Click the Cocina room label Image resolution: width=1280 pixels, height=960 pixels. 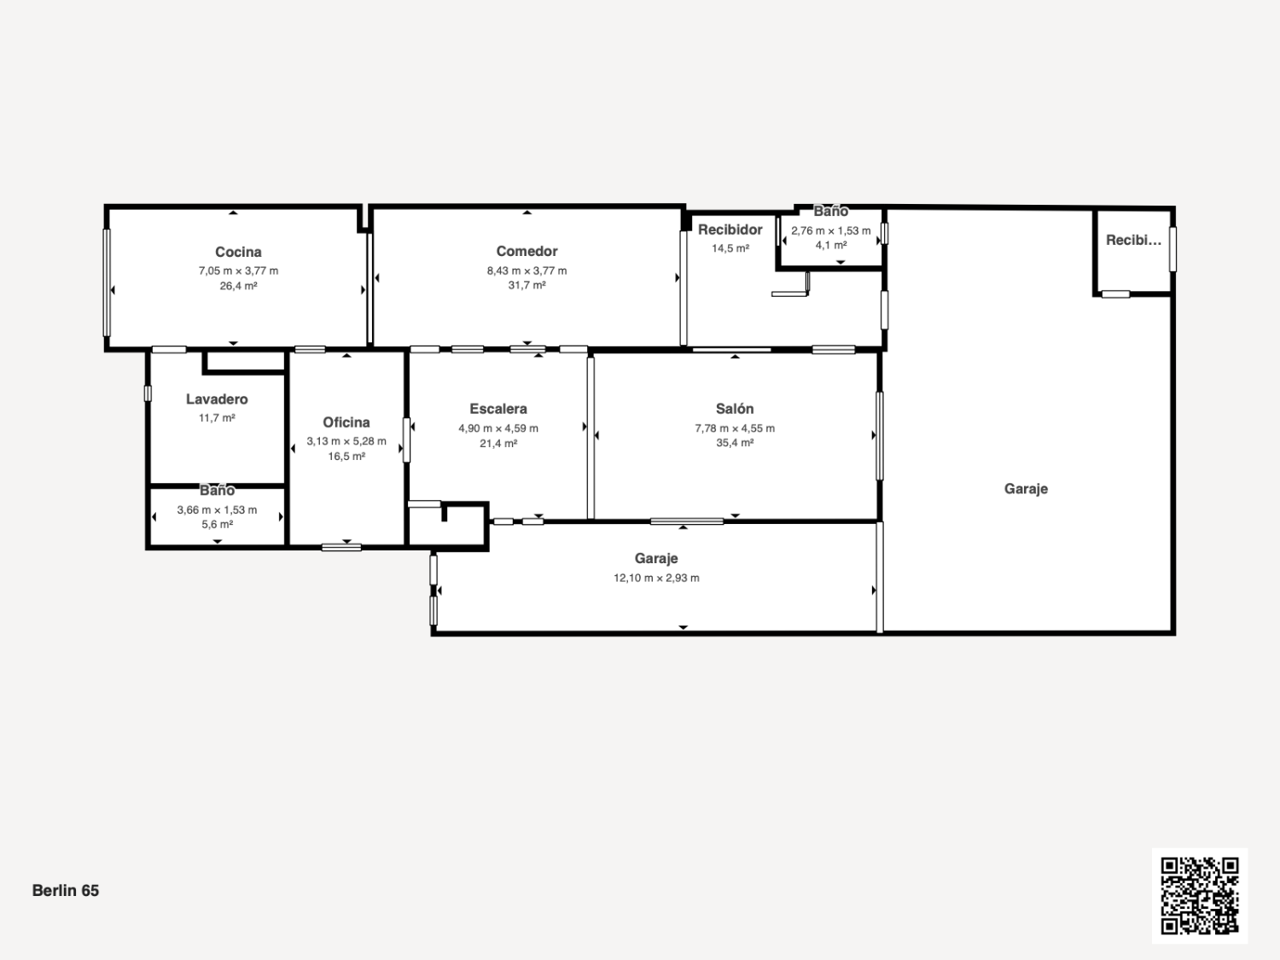point(238,252)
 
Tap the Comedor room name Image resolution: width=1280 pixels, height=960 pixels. point(527,251)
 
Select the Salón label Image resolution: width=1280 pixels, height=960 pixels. point(735,409)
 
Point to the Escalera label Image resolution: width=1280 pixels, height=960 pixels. point(498,409)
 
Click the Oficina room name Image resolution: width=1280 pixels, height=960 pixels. point(346,422)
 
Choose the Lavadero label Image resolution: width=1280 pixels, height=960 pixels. point(217,399)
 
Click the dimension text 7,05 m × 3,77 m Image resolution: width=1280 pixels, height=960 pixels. point(238,271)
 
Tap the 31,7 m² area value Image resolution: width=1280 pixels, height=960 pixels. point(527,285)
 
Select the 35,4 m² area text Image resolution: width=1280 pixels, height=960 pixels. point(735,442)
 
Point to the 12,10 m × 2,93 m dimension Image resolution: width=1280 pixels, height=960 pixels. point(656,578)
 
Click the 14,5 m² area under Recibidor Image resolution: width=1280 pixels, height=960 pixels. point(730,248)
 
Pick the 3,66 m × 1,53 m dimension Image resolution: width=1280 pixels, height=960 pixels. point(217,509)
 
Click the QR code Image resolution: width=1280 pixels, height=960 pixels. point(1200,896)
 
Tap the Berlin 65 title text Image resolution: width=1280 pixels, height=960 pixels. point(66,890)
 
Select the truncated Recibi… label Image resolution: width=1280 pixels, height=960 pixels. point(1133,240)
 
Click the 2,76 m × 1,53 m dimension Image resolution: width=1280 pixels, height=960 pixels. point(830,230)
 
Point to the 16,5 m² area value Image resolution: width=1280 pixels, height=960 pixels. point(346,456)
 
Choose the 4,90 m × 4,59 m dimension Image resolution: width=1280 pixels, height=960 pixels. point(498,428)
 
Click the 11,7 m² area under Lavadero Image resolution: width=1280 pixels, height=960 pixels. point(217,418)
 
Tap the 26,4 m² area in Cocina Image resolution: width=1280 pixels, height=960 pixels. point(238,286)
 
